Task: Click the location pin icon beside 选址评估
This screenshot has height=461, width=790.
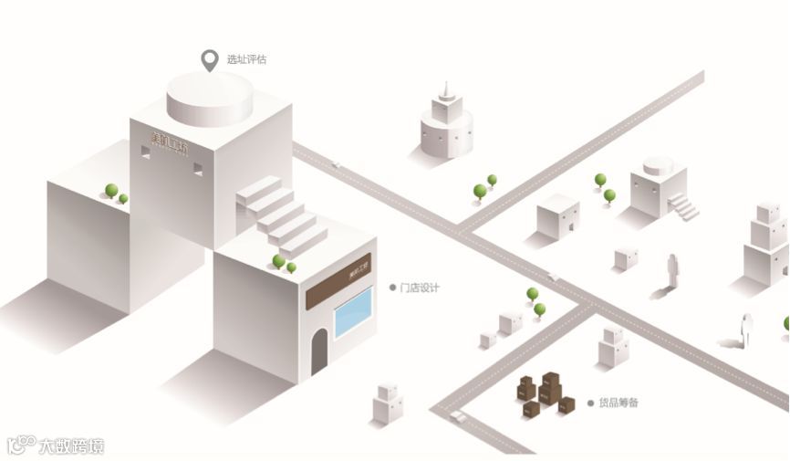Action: [x=211, y=60]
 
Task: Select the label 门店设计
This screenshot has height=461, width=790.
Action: [x=420, y=288]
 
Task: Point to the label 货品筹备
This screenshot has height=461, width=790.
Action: [x=620, y=403]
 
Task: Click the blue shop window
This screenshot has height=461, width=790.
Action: [x=354, y=312]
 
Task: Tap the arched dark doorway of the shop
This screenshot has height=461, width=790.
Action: [x=319, y=352]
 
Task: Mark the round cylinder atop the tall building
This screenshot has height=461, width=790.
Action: [x=209, y=99]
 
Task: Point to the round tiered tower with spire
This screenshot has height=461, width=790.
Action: [x=446, y=124]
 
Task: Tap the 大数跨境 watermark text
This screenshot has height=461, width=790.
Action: [x=71, y=446]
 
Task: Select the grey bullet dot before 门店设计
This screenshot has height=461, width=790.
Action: [x=392, y=288]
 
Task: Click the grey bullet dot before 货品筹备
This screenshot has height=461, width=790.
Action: [x=590, y=403]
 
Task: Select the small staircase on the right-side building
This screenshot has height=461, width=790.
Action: [x=683, y=207]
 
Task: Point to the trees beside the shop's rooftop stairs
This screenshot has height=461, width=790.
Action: [x=284, y=263]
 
